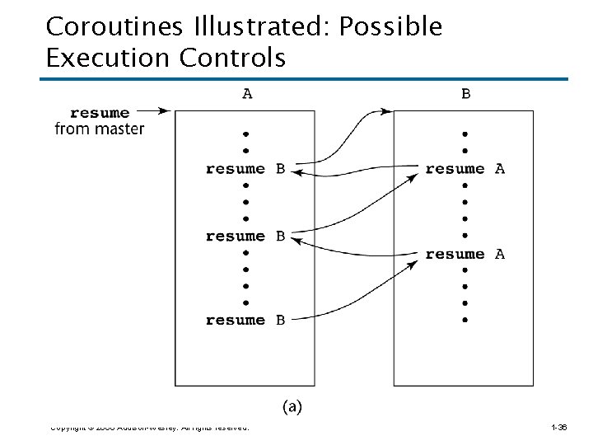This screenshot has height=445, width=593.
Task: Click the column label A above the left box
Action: click(247, 94)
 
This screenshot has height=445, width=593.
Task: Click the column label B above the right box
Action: click(466, 94)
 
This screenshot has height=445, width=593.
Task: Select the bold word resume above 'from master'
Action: click(100, 112)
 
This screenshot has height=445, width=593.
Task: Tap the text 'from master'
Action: click(100, 128)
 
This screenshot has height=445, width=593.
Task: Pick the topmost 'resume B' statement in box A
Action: click(245, 169)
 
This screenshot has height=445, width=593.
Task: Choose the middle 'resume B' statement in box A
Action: click(245, 237)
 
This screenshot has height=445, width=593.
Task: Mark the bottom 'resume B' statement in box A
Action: click(245, 320)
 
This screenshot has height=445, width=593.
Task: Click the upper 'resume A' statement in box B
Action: click(465, 169)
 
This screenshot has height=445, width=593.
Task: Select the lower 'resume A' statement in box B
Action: click(465, 254)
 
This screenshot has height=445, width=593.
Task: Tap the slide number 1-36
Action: click(559, 428)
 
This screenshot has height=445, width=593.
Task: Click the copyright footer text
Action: click(149, 428)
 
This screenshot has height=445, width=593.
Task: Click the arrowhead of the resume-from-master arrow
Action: click(166, 110)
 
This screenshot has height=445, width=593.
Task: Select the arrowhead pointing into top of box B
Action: click(388, 110)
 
